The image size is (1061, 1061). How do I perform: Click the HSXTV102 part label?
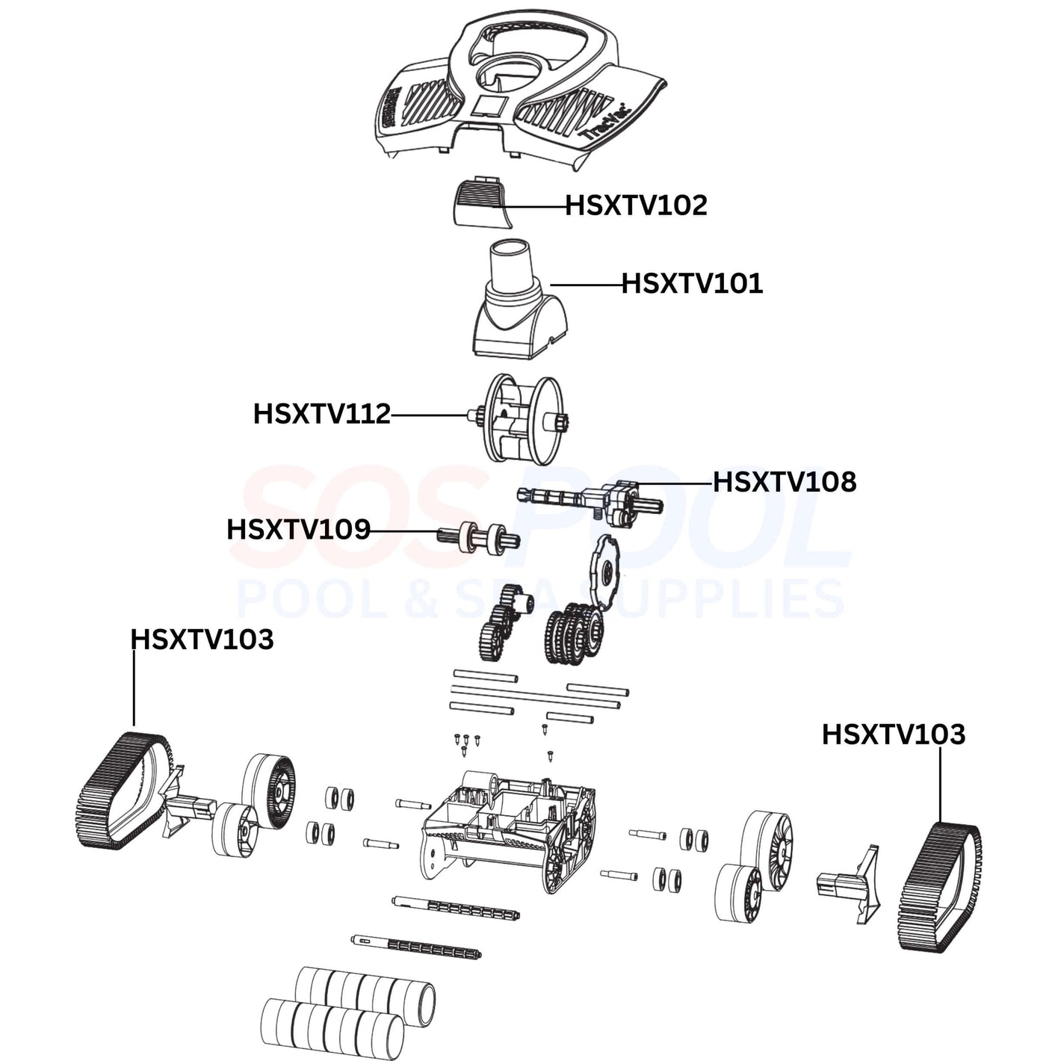635,205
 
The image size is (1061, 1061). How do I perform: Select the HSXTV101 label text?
692,284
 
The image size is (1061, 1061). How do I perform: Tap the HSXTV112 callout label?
322,414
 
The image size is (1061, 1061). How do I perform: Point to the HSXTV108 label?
784,483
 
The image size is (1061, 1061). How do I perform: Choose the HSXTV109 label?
298,530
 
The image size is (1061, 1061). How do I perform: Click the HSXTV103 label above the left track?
202,640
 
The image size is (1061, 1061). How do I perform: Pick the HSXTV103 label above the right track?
893,734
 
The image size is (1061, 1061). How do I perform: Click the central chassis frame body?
508,829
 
